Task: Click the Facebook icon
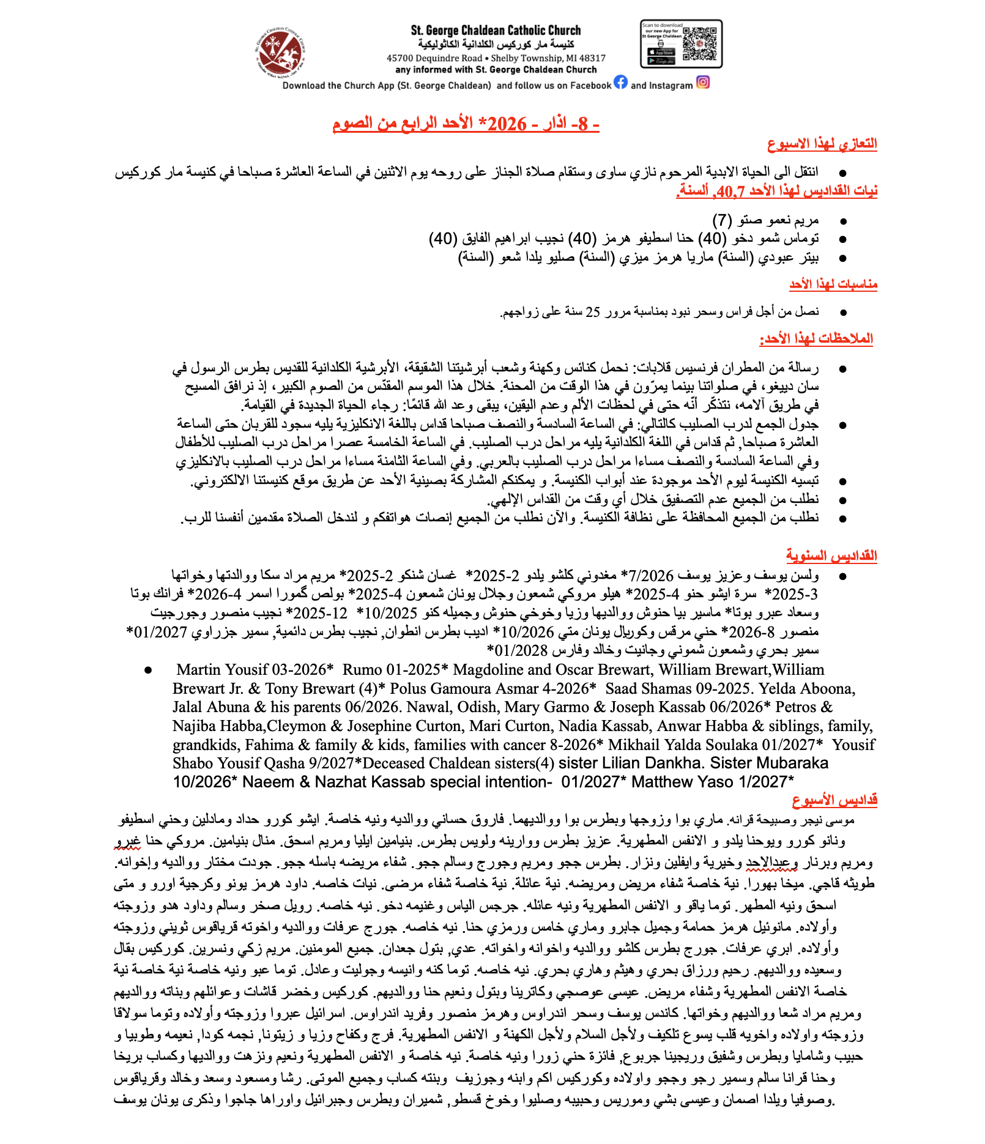pyautogui.click(x=620, y=82)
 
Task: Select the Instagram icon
pyautogui.click(x=703, y=82)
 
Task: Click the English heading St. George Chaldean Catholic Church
pyautogui.click(x=496, y=30)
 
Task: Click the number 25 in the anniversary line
pyautogui.click(x=593, y=312)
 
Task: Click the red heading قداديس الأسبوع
pyautogui.click(x=834, y=800)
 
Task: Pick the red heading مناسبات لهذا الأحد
pyautogui.click(x=833, y=284)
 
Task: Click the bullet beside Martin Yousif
pyautogui.click(x=148, y=670)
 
